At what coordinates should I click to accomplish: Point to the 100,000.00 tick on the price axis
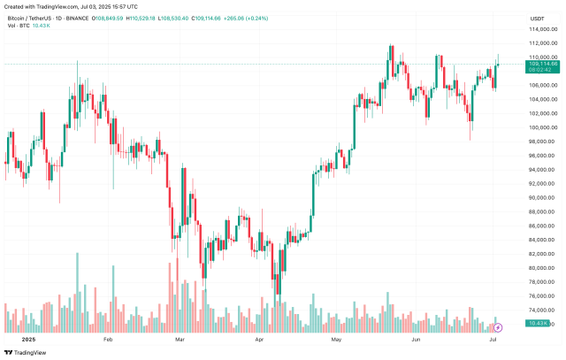tap(542, 127)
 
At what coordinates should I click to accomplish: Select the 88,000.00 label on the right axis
tap(542, 211)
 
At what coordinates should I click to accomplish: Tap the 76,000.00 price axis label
tap(542, 295)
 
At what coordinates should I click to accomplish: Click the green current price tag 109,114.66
tap(542, 64)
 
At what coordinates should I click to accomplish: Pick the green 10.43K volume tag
tap(538, 324)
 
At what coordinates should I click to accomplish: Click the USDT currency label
tap(536, 18)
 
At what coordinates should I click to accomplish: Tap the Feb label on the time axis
tap(109, 339)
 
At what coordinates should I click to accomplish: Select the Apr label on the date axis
tap(259, 339)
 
